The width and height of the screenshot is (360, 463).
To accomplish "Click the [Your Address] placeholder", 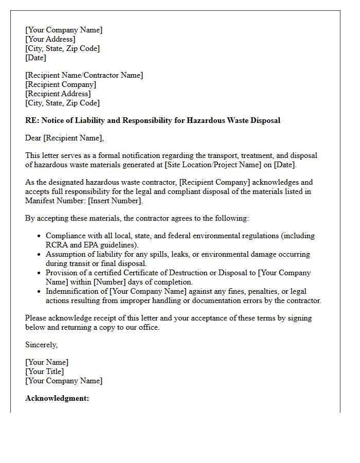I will coord(50,39).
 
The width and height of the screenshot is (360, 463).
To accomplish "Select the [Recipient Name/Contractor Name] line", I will coord(84,75).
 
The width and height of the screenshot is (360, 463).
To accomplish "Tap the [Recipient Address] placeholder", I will coord(58,94).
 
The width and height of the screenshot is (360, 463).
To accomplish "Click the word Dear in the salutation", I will coord(33,138).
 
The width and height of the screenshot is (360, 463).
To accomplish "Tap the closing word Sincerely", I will coord(41,345).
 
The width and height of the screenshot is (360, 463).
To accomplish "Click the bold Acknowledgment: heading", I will coord(57,398).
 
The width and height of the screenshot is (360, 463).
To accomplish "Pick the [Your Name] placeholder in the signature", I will coord(47,362).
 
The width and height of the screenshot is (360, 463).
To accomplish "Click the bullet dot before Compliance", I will coord(40,236).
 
